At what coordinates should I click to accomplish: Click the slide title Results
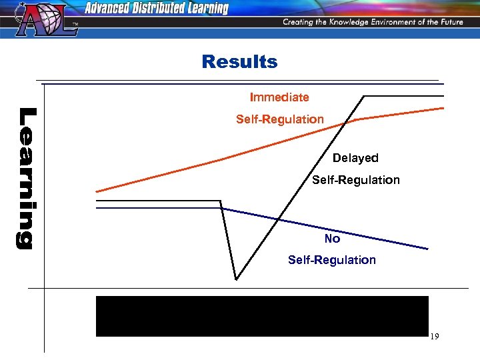point(239,62)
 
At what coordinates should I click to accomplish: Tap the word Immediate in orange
point(279,97)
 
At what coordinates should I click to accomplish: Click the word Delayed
point(355,158)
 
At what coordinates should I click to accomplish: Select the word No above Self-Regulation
point(332,239)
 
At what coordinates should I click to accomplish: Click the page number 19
point(434,337)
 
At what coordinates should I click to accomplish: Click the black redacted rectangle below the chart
point(262,316)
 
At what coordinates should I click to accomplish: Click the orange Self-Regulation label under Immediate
point(280,119)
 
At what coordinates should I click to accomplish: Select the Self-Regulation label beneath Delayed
point(356,180)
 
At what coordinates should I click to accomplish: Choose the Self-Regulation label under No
point(332,260)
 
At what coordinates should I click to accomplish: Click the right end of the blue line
point(427,249)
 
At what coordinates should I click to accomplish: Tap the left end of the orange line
point(97,192)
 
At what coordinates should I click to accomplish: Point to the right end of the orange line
point(443,107)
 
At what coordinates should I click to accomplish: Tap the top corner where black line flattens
point(364,97)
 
